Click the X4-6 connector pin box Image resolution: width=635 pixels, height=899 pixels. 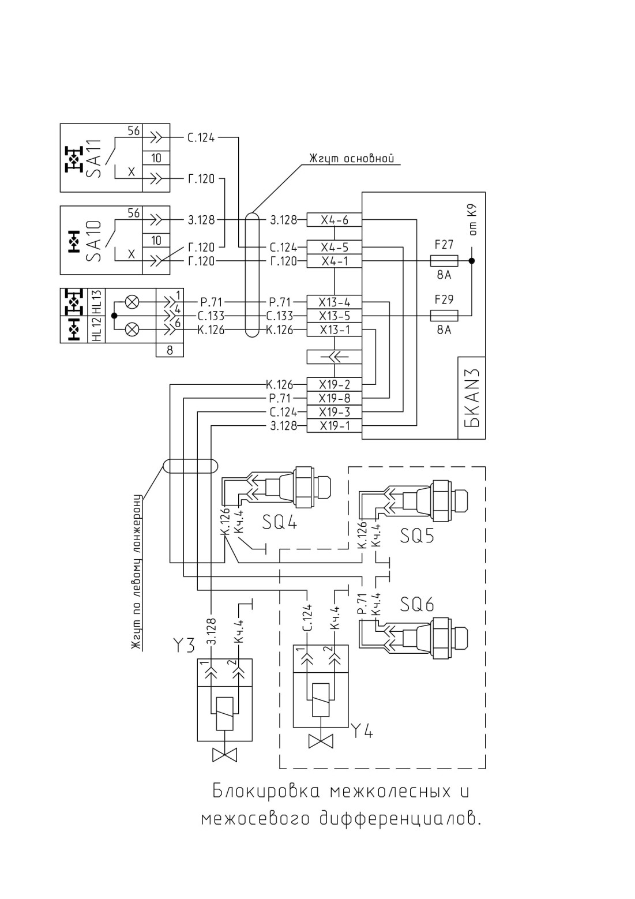coord(334,220)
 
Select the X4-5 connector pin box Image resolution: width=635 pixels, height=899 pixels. coord(334,247)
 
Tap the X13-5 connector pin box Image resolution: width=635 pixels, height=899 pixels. coord(334,316)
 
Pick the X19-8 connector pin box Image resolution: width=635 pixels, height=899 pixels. coord(334,399)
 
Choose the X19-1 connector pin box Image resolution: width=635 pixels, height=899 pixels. coord(334,426)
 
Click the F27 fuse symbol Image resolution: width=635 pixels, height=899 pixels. coord(444,261)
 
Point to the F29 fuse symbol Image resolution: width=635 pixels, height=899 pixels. coord(444,316)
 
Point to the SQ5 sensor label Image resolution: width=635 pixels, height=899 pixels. coord(417,535)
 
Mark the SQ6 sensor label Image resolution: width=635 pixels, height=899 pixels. coord(417,604)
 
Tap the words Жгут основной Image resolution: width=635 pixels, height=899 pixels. coord(351,159)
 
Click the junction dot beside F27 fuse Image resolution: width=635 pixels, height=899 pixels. coord(472,261)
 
